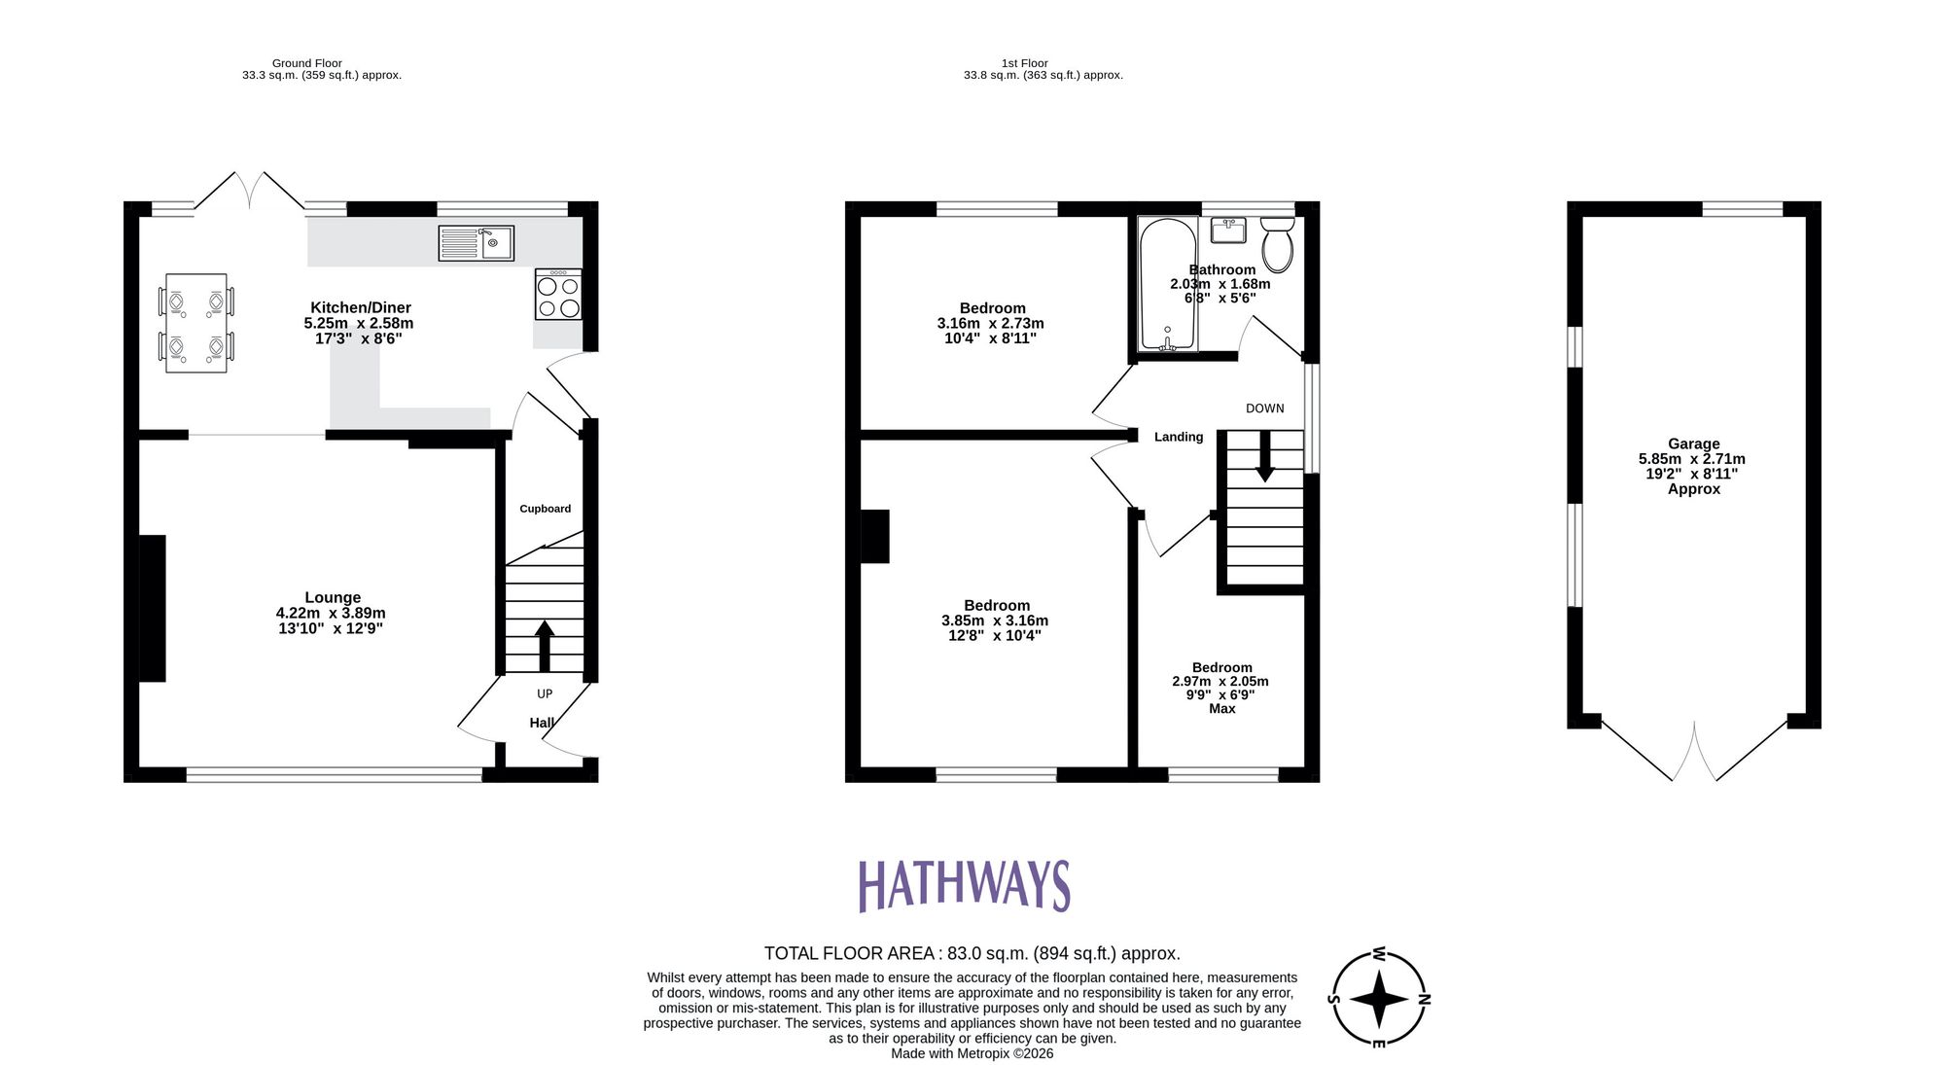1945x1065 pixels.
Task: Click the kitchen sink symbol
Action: point(476,242)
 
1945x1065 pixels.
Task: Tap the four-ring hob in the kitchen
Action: point(558,295)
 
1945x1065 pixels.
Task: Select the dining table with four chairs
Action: point(196,323)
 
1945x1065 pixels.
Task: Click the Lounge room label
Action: point(333,598)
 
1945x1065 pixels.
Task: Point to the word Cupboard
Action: point(545,509)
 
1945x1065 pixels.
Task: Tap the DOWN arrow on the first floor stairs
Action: point(1264,456)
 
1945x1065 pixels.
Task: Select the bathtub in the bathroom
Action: point(1168,284)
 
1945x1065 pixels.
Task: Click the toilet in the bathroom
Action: point(1277,244)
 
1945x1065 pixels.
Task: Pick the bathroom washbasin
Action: point(1228,231)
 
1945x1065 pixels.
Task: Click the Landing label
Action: point(1179,438)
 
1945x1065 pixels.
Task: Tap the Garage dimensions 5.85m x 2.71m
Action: point(1692,459)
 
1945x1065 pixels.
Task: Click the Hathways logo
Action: point(964,886)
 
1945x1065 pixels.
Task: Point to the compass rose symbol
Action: point(1378,999)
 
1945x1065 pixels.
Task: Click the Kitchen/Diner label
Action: point(360,307)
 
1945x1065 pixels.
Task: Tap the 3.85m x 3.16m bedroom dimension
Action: point(995,621)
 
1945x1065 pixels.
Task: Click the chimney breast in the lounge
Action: point(152,608)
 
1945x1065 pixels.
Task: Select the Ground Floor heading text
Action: point(306,63)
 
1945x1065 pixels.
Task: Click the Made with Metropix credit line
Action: point(972,1053)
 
